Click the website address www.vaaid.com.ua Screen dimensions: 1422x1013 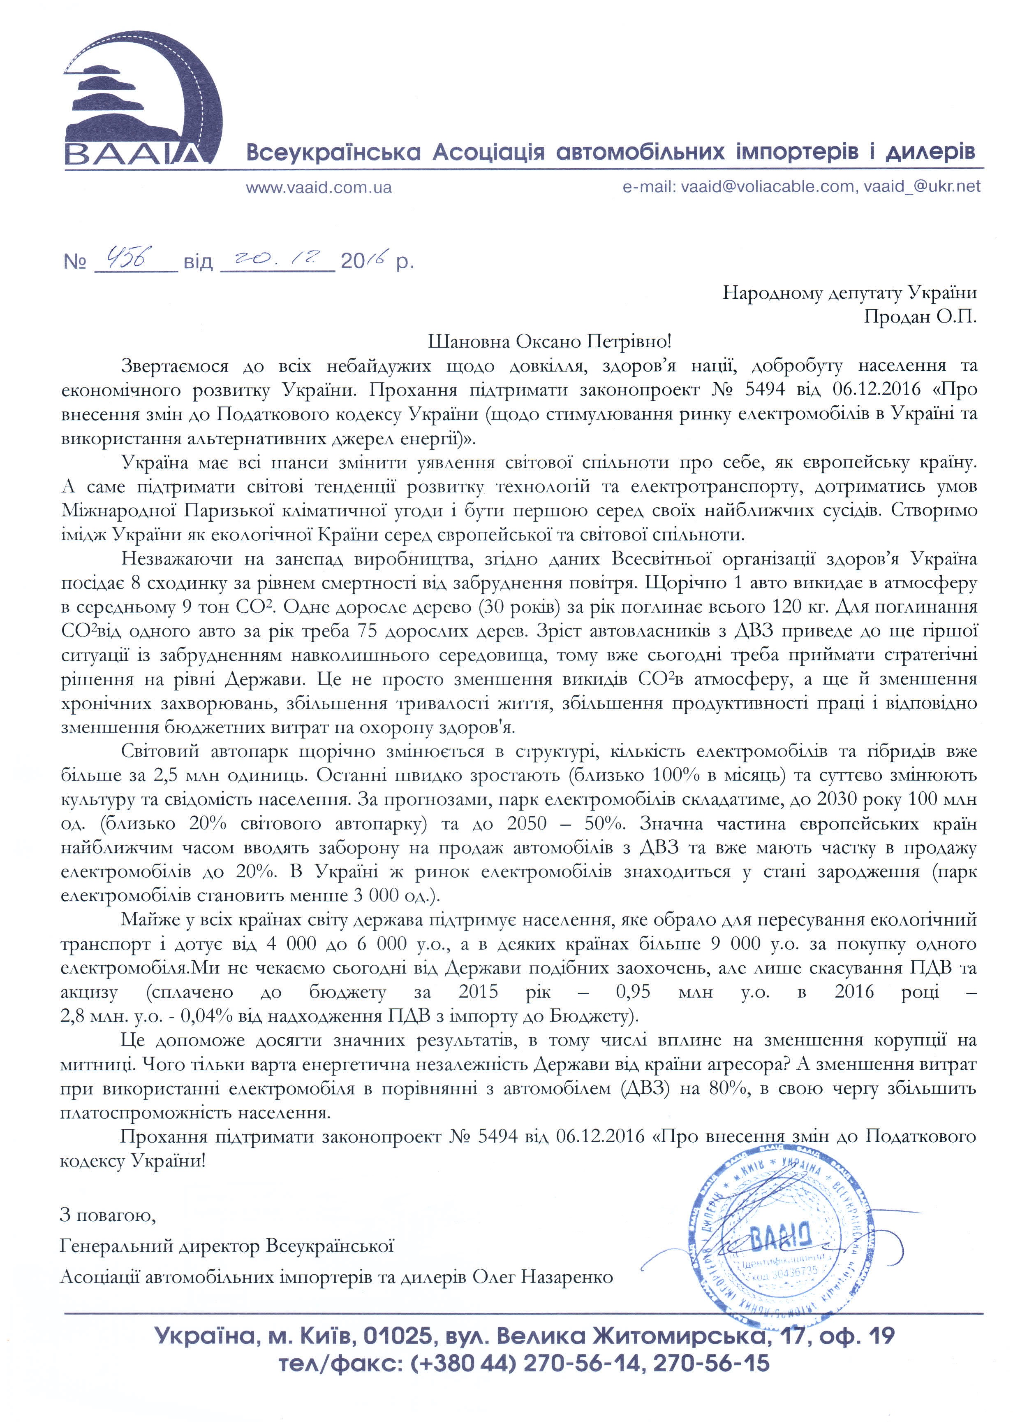[319, 187]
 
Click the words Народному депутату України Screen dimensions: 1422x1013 [849, 293]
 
